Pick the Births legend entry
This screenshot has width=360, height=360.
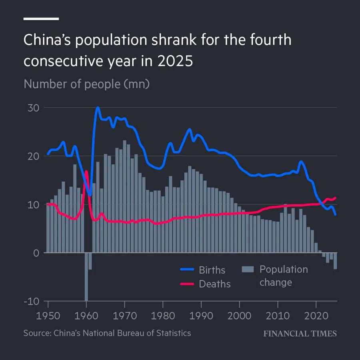[212, 270]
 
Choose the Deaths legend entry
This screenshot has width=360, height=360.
[215, 284]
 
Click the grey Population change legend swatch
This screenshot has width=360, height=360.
[248, 270]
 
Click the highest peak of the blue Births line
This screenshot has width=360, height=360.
[97, 108]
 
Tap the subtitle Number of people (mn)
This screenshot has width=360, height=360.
[86, 84]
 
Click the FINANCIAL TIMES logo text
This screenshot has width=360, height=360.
[300, 334]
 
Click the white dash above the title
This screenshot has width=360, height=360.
[41, 19]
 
